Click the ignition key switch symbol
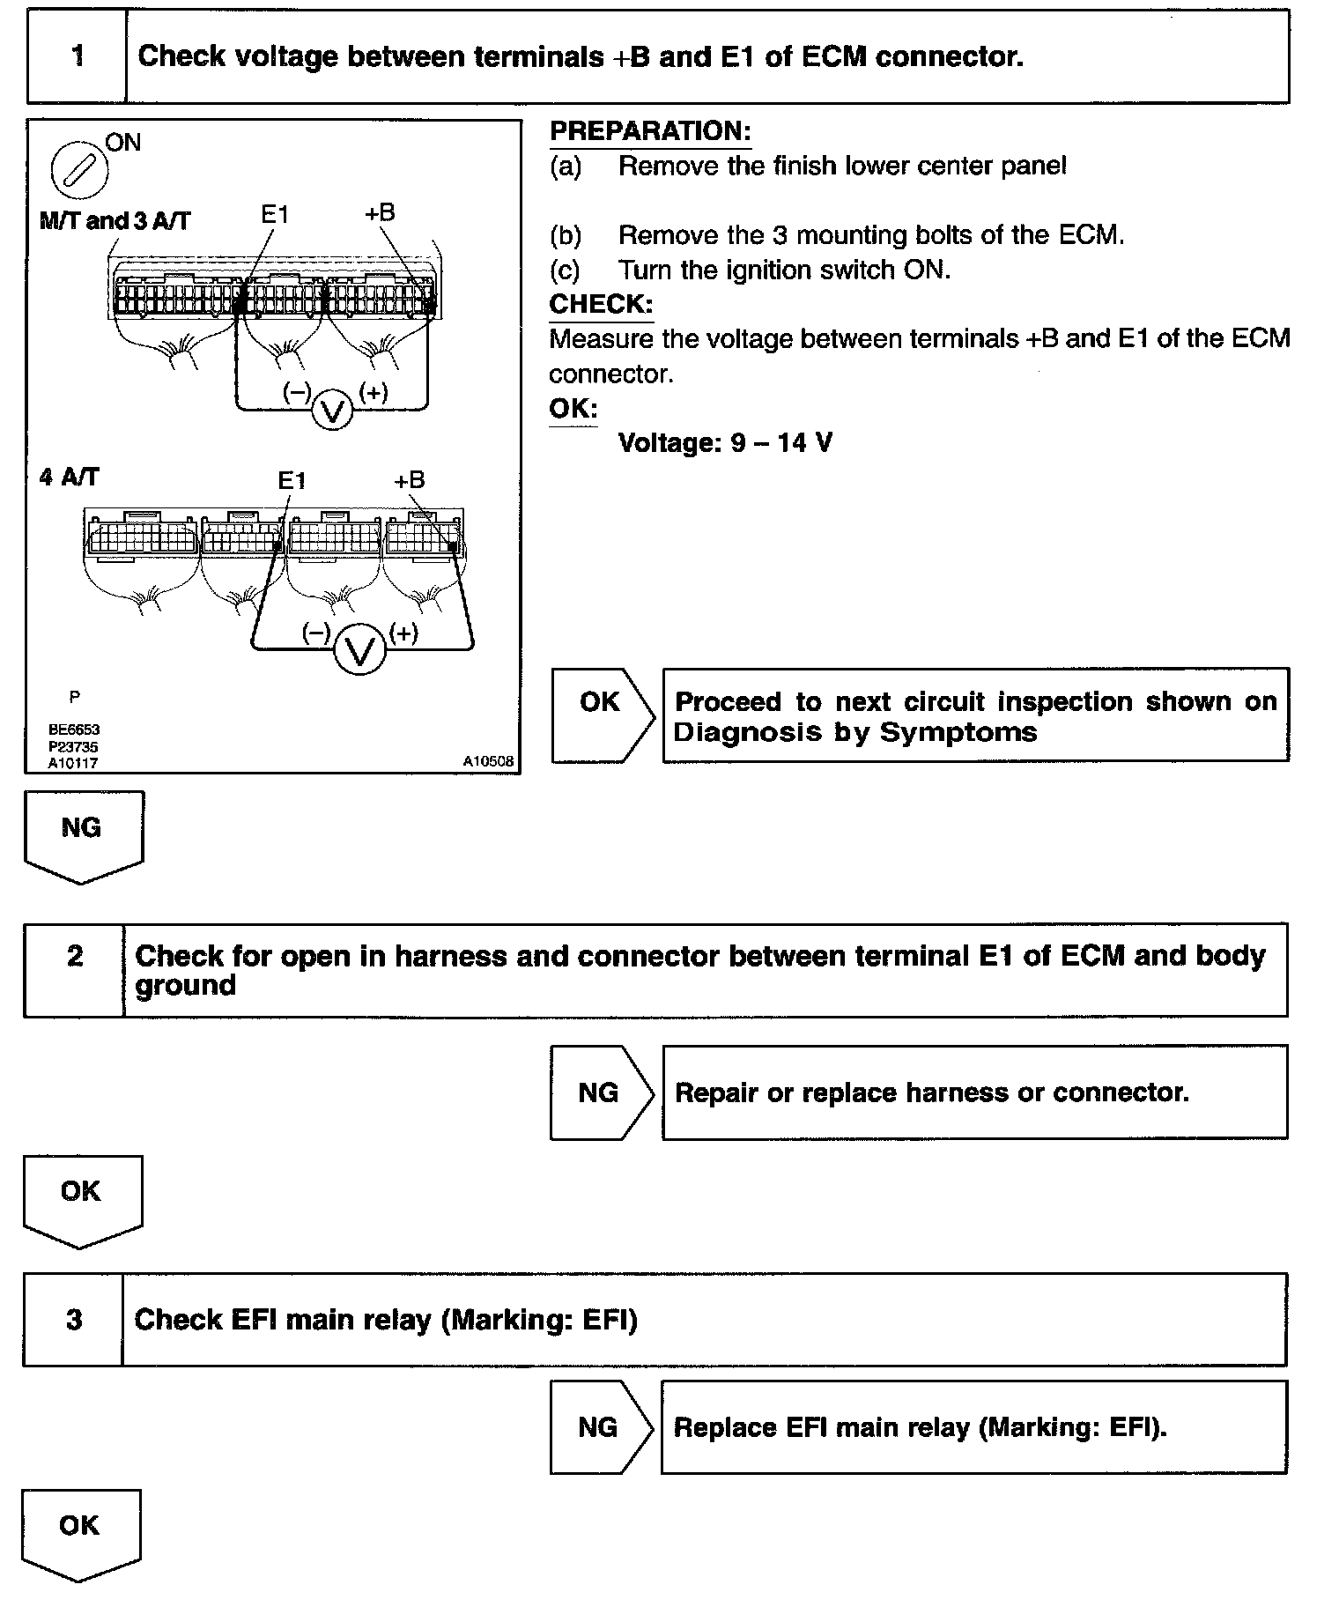pos(79,170)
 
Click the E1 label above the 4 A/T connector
pos(292,480)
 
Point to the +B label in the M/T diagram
pos(380,212)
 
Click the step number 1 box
pos(78,56)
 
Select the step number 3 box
pos(74,1319)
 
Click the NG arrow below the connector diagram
pos(82,833)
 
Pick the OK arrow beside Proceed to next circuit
pos(602,713)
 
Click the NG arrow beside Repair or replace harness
pos(600,1092)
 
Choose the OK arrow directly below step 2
pos(81,1198)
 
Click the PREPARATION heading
pos(650,131)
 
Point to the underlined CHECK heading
pos(601,304)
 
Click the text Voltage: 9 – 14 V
pos(725,441)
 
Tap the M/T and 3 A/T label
pos(115,220)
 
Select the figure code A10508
pos(489,760)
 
